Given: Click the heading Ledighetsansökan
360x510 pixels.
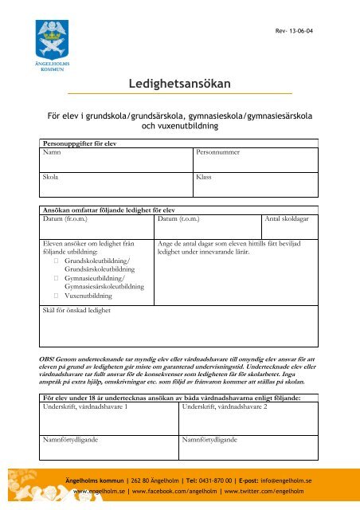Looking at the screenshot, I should (180, 83).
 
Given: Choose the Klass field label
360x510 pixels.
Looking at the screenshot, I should (203, 179).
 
